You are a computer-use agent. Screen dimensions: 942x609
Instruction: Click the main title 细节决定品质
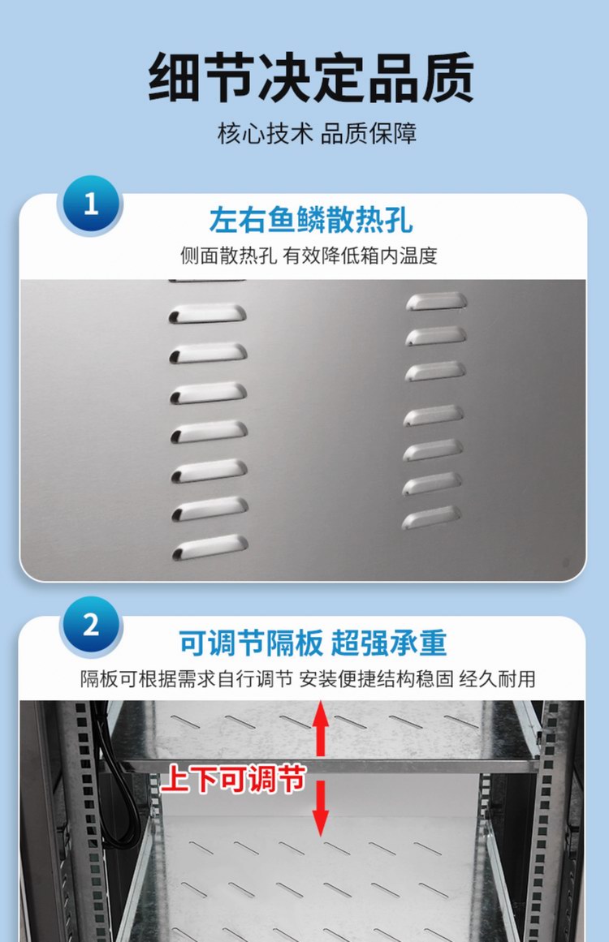pyautogui.click(x=311, y=79)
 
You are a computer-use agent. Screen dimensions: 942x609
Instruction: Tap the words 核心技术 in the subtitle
pyautogui.click(x=265, y=134)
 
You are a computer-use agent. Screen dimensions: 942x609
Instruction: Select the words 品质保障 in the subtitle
pyautogui.click(x=369, y=134)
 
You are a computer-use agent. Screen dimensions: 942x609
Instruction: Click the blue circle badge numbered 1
pyautogui.click(x=90, y=204)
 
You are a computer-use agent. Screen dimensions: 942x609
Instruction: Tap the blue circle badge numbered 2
pyautogui.click(x=90, y=625)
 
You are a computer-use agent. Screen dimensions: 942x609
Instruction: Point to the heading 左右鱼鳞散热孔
pyautogui.click(x=311, y=220)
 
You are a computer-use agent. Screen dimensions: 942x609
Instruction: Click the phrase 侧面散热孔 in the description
pyautogui.click(x=229, y=256)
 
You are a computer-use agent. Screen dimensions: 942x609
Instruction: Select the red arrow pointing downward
pyautogui.click(x=322, y=811)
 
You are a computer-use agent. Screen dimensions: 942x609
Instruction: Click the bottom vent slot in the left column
pyautogui.click(x=209, y=548)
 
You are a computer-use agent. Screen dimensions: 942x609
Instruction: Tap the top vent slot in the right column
pyautogui.click(x=437, y=301)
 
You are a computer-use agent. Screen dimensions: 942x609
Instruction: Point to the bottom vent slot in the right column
pyautogui.click(x=433, y=517)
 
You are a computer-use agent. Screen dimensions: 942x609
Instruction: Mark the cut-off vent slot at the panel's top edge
pyautogui.click(x=206, y=281)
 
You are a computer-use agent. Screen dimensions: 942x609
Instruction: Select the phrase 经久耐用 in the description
pyautogui.click(x=505, y=679)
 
